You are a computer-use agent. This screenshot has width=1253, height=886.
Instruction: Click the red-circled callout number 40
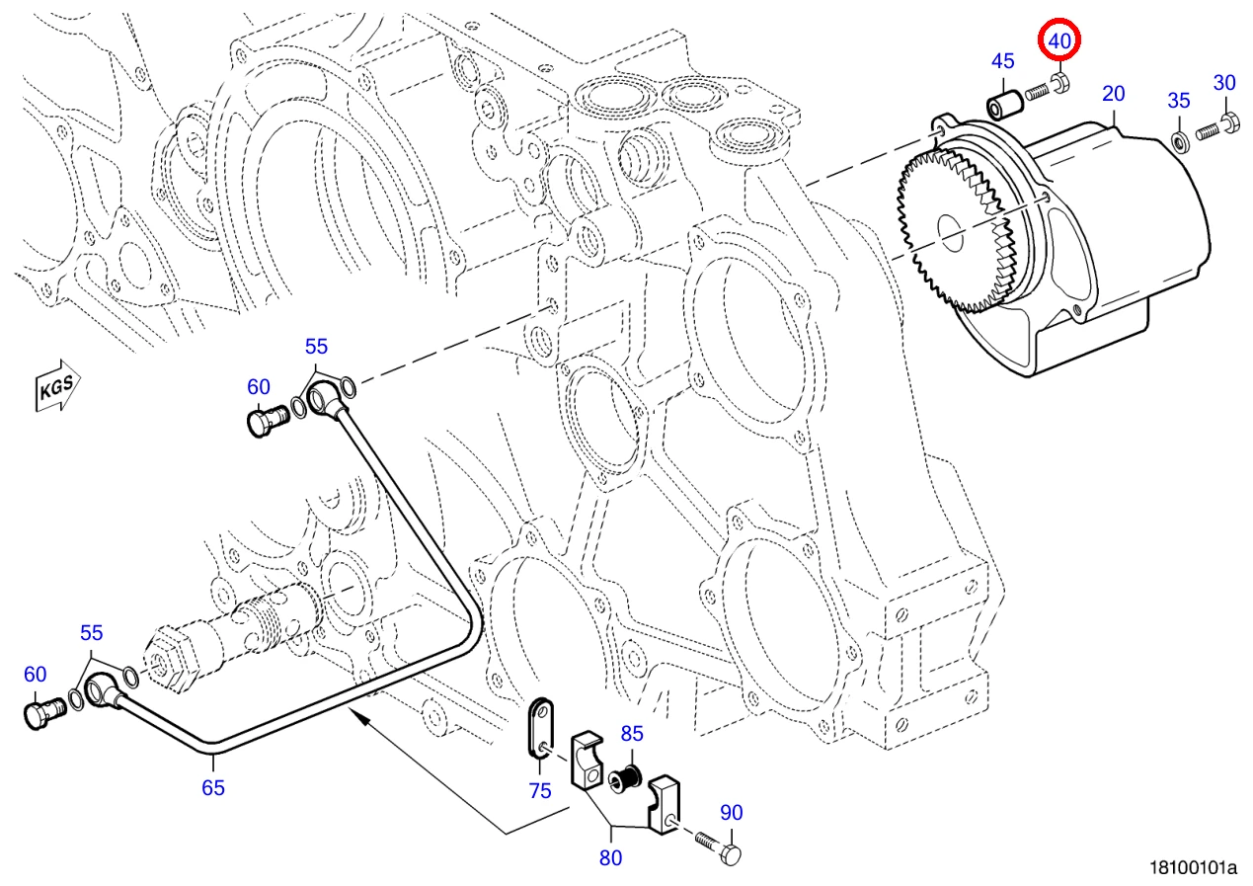(1058, 40)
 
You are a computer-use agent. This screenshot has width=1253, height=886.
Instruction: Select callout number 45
(1002, 61)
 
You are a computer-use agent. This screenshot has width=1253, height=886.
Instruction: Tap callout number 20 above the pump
(1113, 94)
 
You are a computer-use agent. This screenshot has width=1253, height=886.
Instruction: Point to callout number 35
(1179, 101)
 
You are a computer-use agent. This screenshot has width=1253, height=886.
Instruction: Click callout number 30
(1224, 83)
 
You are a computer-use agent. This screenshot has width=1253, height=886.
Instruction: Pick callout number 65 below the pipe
(213, 788)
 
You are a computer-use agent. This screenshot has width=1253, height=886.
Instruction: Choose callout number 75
(540, 791)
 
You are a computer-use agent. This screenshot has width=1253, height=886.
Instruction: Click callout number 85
(632, 733)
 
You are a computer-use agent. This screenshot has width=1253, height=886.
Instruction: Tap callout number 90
(731, 813)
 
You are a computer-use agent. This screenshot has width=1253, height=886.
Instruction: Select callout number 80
(610, 858)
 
